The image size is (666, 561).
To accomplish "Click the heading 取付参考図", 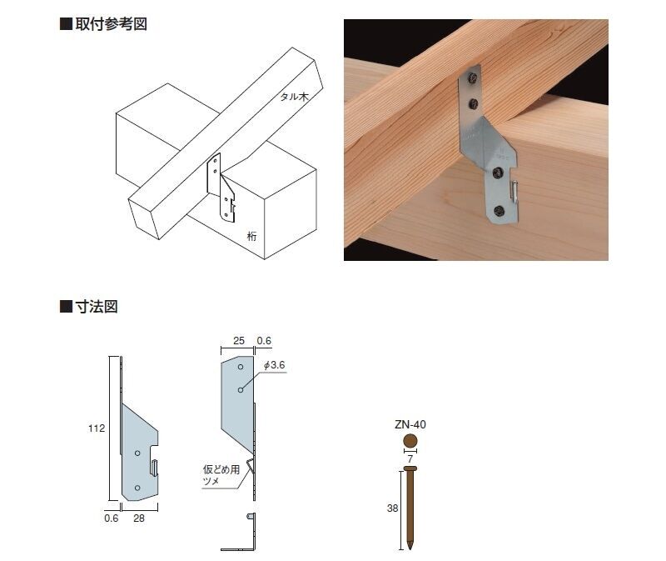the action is point(112,24).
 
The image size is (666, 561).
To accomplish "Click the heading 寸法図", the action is point(97,306).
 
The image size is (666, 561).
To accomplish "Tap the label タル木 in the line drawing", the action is point(294,97).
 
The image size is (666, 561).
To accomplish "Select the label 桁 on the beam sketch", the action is point(252,236).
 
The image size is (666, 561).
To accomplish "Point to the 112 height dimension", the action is point(97,428).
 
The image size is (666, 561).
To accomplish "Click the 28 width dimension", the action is point(139,518).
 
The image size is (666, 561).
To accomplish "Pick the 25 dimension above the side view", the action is point(239,341).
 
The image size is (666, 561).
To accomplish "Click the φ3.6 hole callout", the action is point(275,365).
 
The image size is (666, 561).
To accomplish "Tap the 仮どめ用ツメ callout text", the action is point(221,475).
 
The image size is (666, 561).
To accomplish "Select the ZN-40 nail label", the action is point(410,424).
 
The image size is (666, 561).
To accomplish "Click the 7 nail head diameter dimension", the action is point(410,459).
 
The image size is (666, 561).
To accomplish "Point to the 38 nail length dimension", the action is point(392,508).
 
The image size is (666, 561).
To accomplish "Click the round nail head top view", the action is point(410,441).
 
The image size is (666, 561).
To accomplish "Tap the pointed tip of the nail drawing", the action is point(410,548).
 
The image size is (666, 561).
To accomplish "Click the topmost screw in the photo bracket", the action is point(473,78).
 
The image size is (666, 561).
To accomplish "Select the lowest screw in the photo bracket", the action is point(499,210).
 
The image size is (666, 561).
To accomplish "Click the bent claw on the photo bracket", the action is point(514,191).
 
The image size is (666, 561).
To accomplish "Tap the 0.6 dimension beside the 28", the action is point(112,518).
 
